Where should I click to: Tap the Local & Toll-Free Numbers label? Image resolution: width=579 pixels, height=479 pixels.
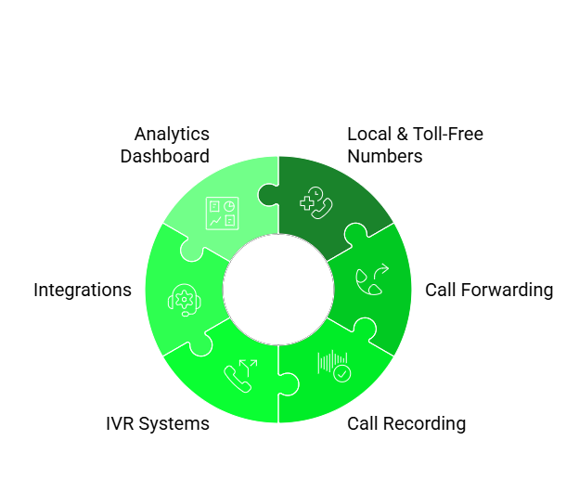coord(415,145)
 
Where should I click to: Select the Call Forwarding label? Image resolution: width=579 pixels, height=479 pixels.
coord(489,290)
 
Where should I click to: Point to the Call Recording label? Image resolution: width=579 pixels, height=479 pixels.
coord(406,424)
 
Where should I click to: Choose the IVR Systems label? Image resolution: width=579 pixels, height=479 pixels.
coord(158,424)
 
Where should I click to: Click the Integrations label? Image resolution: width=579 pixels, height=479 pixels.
coord(83,290)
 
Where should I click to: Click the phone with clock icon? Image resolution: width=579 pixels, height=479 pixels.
coord(315,202)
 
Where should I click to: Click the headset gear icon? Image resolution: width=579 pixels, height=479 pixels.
coord(184,300)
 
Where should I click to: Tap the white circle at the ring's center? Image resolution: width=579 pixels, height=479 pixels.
coord(278,290)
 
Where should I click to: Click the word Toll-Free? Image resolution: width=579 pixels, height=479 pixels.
coord(449,134)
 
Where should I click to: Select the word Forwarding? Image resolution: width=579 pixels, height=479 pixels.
coord(511,290)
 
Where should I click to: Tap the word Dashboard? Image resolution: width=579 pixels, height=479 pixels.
coord(165,156)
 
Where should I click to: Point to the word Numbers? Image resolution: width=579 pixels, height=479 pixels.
coord(385,156)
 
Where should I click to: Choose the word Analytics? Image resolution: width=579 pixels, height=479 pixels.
coord(172,134)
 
